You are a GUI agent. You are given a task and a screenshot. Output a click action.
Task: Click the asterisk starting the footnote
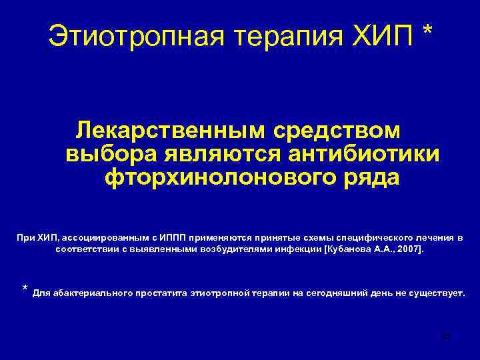25,289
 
